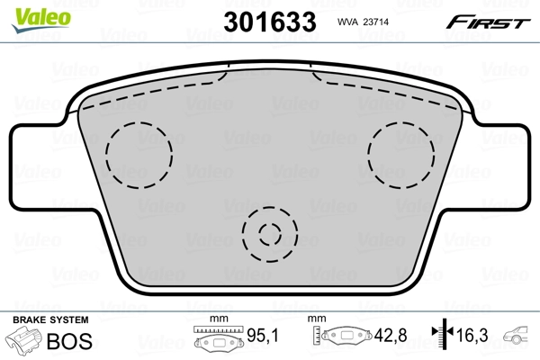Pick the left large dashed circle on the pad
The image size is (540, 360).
click(139, 155)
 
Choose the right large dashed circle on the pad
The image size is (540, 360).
click(401, 155)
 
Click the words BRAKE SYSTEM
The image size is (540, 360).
click(50, 320)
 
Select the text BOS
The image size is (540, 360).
click(68, 342)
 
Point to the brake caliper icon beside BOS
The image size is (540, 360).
click(24, 342)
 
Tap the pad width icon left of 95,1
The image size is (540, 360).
click(219, 341)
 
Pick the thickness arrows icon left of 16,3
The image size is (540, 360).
click(440, 338)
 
